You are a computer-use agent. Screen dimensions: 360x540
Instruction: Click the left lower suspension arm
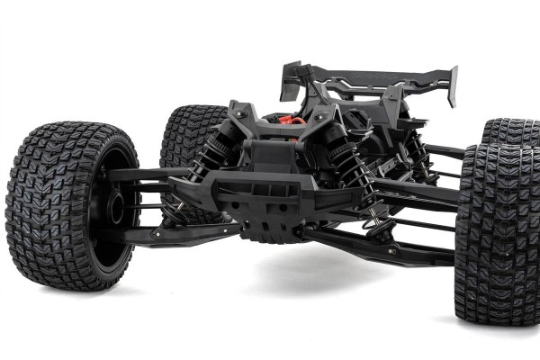coord(180,233)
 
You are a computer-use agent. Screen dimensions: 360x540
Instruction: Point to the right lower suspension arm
coord(378,247)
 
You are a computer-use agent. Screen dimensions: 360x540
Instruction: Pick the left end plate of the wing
coord(290,80)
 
